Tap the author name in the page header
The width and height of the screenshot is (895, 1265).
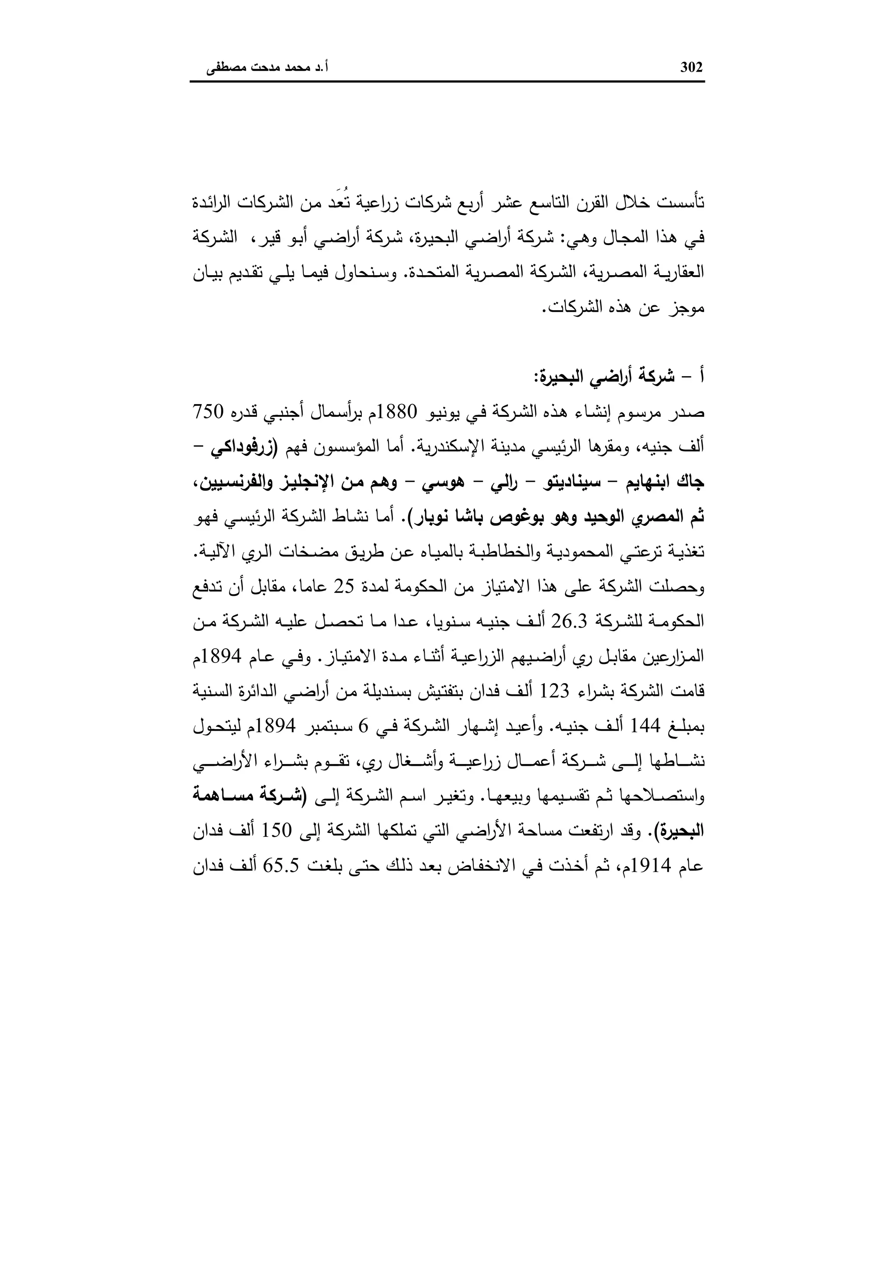[267, 68]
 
